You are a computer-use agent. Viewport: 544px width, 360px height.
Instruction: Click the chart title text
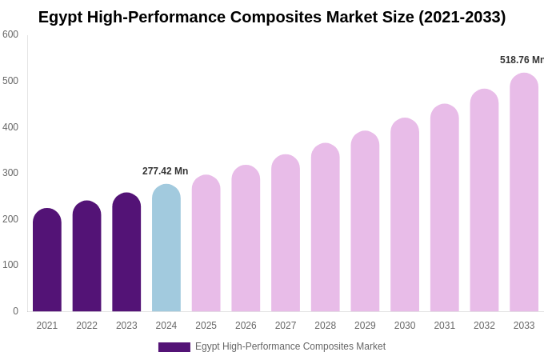coord(272,17)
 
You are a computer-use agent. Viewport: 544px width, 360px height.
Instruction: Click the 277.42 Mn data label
coord(166,171)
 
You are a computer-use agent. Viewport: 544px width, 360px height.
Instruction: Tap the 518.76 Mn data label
coord(522,60)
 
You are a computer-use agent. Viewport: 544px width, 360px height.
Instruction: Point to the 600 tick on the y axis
coord(10,34)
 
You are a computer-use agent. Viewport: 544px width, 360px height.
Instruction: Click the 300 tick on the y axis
coord(10,173)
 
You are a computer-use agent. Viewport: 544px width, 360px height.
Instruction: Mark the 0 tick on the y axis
coord(15,311)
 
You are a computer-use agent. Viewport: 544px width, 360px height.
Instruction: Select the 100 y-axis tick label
coord(10,265)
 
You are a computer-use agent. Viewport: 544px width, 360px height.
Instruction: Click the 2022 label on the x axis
coord(87,326)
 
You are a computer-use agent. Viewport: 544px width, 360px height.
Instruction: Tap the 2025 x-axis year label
coord(206,326)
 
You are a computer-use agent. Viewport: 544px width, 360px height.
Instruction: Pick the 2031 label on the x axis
coord(445,326)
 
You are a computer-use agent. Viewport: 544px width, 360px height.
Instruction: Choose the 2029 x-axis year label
coord(365,326)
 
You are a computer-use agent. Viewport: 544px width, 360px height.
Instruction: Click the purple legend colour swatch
coord(174,347)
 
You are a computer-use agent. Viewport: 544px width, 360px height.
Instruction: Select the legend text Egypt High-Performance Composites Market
coord(290,346)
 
